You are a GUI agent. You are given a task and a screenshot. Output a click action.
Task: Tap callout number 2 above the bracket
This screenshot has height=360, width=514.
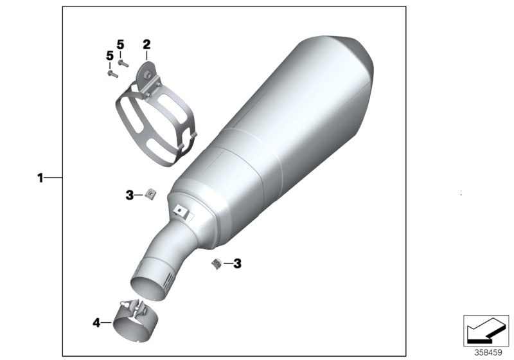tap(146, 44)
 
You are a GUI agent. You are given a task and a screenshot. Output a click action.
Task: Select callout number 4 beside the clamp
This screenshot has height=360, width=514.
tap(96, 323)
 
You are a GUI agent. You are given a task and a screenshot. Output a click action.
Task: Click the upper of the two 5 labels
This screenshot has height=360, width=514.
tap(120, 44)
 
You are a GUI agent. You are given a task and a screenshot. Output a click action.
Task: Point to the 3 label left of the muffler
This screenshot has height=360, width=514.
tap(129, 195)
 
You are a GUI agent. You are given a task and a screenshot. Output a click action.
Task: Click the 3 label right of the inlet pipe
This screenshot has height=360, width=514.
tap(237, 263)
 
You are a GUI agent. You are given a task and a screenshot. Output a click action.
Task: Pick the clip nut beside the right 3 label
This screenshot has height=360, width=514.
tap(217, 263)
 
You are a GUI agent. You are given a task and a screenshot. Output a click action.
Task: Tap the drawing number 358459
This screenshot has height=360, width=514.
tap(489, 352)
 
